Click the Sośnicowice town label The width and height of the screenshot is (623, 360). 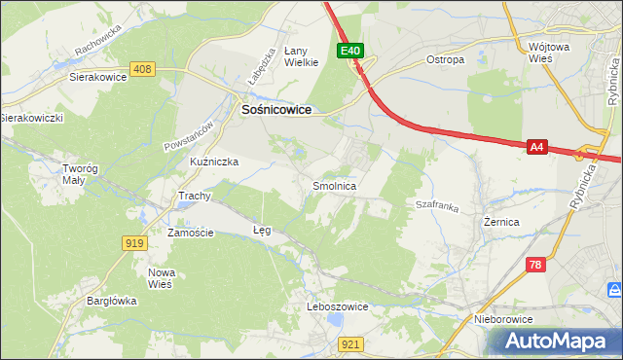pyautogui.click(x=275, y=111)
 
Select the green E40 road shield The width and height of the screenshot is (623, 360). pyautogui.click(x=351, y=51)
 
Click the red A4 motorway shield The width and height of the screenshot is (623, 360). pyautogui.click(x=536, y=147)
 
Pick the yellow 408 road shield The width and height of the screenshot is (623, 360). pyautogui.click(x=143, y=69)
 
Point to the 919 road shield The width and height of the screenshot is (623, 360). pyautogui.click(x=135, y=242)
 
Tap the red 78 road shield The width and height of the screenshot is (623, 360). pyautogui.click(x=534, y=264)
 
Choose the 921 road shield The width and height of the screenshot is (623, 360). pyautogui.click(x=352, y=343)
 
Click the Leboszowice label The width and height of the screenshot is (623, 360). pyautogui.click(x=337, y=306)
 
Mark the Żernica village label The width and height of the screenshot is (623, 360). pyautogui.click(x=501, y=222)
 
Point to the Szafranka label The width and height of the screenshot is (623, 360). pyautogui.click(x=437, y=206)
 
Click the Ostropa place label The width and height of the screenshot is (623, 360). pyautogui.click(x=445, y=59)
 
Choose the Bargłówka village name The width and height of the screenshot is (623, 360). pyautogui.click(x=111, y=302)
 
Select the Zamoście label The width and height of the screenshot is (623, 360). pyautogui.click(x=190, y=234)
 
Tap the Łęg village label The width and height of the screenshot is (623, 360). pyautogui.click(x=261, y=231)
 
